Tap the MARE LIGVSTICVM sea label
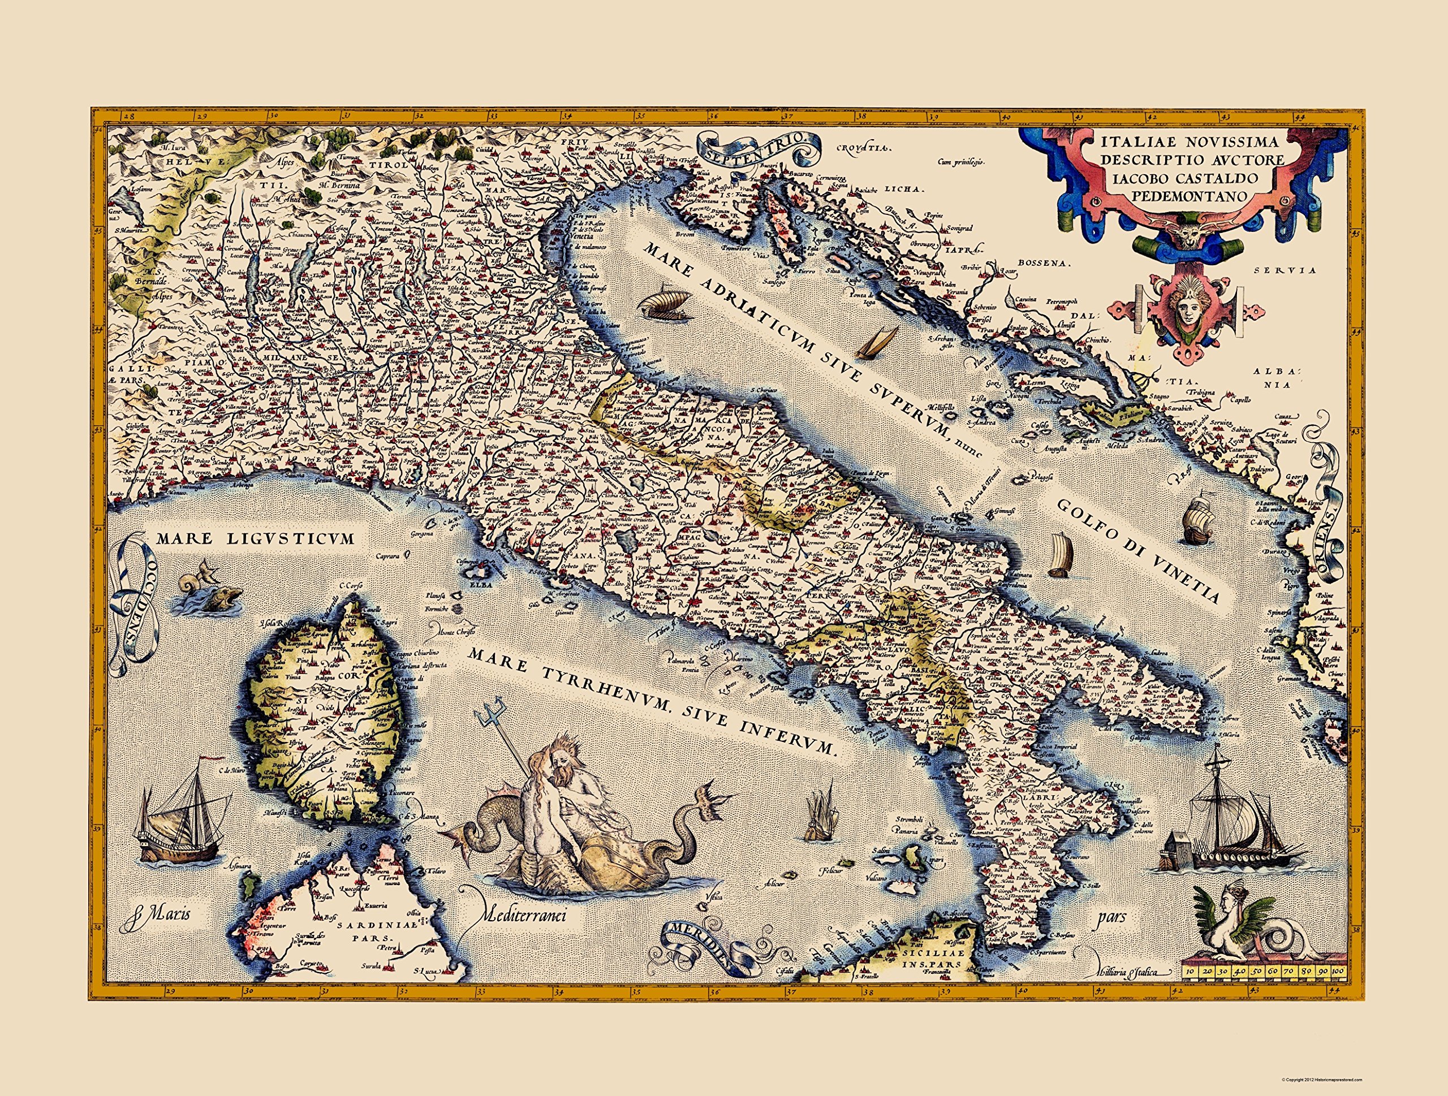point(255,538)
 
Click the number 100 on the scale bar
point(1336,989)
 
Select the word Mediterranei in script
point(523,915)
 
